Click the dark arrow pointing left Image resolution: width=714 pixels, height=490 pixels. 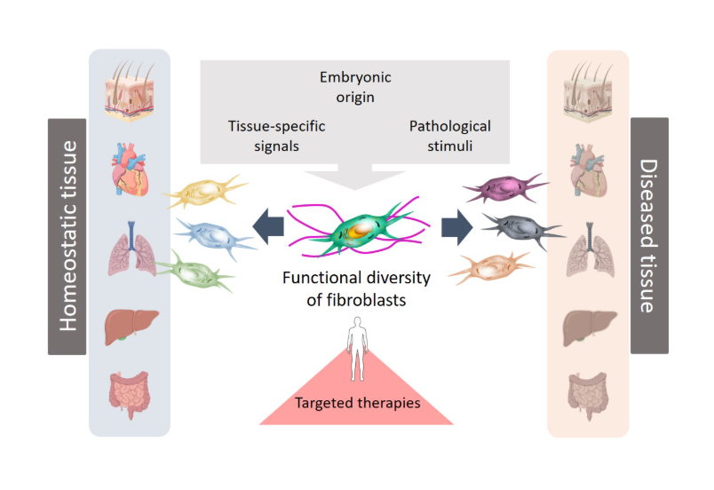pos(267,227)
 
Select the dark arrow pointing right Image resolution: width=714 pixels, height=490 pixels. pos(456,227)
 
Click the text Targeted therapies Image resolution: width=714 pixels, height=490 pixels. pos(356,403)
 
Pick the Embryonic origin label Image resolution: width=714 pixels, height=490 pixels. pos(355,87)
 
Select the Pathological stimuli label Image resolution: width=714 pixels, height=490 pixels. pos(449,135)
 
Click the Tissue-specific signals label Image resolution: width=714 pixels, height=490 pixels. pos(276,135)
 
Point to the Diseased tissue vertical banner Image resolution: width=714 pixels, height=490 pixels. pos(649,235)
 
